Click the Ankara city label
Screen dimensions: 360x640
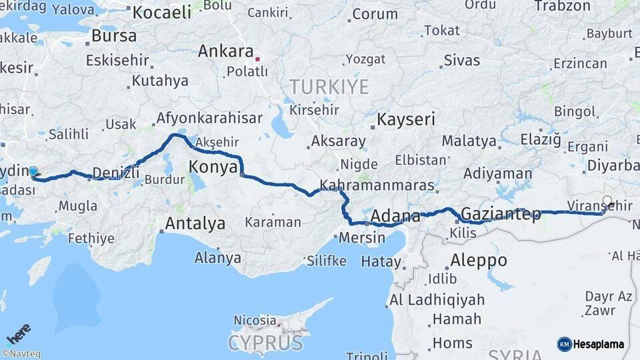click(226, 51)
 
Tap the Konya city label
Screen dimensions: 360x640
click(213, 167)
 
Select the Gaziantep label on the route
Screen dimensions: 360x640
click(501, 214)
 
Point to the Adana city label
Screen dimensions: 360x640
click(395, 216)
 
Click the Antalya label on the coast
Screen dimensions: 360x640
click(195, 223)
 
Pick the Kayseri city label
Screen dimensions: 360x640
click(406, 120)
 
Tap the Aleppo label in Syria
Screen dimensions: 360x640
click(479, 260)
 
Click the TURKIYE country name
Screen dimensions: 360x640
click(329, 87)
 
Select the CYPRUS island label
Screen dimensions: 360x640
click(265, 343)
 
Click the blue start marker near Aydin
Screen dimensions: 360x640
click(33, 171)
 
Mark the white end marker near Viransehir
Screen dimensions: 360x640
click(607, 200)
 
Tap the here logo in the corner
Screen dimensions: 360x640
click(19, 333)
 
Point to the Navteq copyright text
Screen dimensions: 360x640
click(21, 354)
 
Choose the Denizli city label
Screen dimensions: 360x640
click(116, 173)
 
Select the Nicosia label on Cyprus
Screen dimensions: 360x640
click(254, 320)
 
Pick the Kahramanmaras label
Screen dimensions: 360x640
click(377, 185)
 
